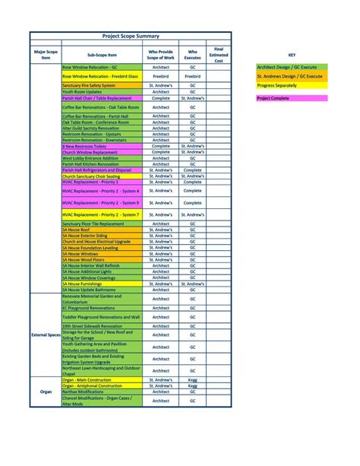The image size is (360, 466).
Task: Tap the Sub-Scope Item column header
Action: (x=102, y=55)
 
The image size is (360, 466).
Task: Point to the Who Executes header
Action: (x=192, y=55)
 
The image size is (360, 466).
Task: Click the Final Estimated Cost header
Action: (x=219, y=55)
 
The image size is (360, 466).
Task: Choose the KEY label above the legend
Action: (x=292, y=55)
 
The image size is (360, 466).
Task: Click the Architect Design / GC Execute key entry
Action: (x=289, y=67)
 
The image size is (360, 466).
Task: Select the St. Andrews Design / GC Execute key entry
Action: (x=289, y=76)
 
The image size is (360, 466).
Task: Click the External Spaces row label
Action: (x=46, y=334)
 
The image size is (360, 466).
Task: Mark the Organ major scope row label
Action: (x=46, y=392)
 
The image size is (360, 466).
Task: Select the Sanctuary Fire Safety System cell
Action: (x=89, y=86)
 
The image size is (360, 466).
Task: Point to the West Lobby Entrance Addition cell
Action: (x=90, y=157)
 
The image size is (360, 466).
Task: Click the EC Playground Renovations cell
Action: (x=89, y=308)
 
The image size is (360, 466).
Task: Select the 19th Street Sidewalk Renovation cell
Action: (x=92, y=325)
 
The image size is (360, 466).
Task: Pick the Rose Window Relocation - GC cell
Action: (x=90, y=67)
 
